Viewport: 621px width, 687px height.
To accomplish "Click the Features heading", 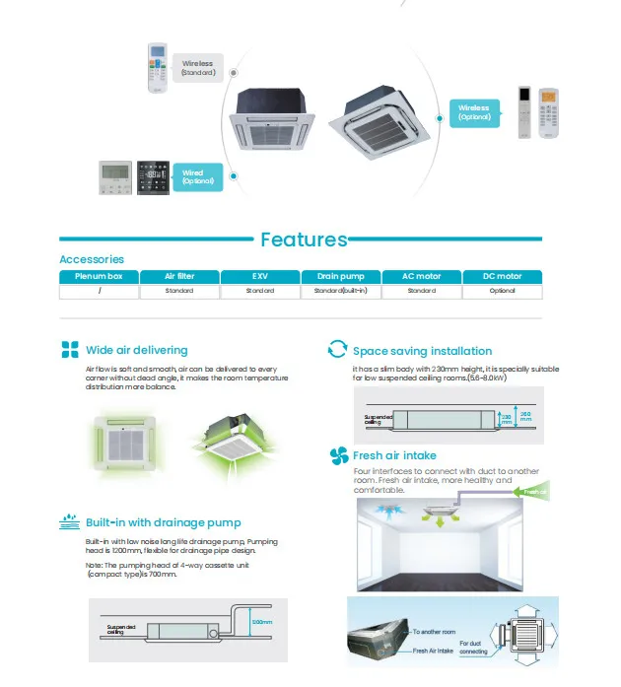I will pyautogui.click(x=304, y=240).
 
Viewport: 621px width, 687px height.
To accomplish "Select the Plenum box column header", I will pyautogui.click(x=99, y=277).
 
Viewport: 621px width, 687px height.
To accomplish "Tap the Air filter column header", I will pyautogui.click(x=179, y=277).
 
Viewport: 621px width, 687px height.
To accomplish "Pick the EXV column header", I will pyautogui.click(x=260, y=277).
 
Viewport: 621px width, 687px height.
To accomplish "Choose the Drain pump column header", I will pyautogui.click(x=341, y=277).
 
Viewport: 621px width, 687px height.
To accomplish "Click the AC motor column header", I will pyautogui.click(x=422, y=277).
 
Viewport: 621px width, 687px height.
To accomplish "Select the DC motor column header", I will pyautogui.click(x=503, y=277).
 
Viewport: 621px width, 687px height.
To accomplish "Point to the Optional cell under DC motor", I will pyautogui.click(x=503, y=291).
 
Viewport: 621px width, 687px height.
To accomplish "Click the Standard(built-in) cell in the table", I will pyautogui.click(x=341, y=291).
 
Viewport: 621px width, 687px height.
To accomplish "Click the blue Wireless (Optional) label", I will pyautogui.click(x=474, y=112).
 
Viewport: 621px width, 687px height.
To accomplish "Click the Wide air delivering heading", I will pyautogui.click(x=136, y=350).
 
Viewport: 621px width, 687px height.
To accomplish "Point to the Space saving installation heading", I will pyautogui.click(x=422, y=351).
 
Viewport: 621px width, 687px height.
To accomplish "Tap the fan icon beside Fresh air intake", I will pyautogui.click(x=337, y=455).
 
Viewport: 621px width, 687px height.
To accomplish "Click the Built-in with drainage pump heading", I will pyautogui.click(x=163, y=522).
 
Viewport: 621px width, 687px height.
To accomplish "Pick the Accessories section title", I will pyautogui.click(x=92, y=259).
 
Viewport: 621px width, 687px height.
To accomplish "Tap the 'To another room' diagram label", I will pyautogui.click(x=435, y=631).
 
